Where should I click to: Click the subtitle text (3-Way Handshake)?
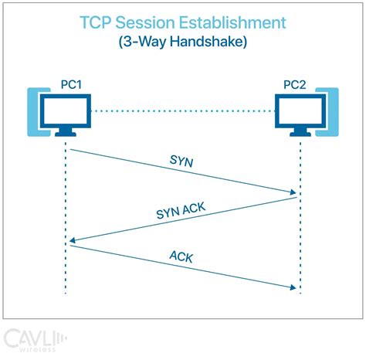click(x=182, y=42)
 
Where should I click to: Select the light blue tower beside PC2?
click(x=331, y=112)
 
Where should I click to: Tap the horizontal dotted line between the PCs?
click(x=182, y=111)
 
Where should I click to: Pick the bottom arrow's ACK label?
click(x=182, y=256)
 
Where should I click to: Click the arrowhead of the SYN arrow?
click(x=293, y=192)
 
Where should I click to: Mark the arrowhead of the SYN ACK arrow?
click(x=72, y=242)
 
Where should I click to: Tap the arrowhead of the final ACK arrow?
click(x=293, y=287)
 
